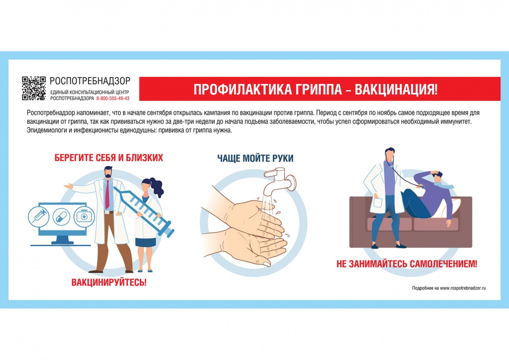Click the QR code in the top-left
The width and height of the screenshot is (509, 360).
click(x=34, y=88)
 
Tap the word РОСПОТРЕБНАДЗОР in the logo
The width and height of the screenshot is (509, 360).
click(x=90, y=80)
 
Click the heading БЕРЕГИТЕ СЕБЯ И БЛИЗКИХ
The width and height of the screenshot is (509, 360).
click(x=109, y=158)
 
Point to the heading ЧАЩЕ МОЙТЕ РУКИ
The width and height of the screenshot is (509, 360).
click(x=255, y=158)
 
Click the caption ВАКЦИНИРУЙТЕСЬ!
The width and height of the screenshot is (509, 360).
click(x=109, y=282)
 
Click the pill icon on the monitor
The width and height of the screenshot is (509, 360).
click(x=60, y=216)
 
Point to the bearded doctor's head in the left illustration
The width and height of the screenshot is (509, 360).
click(x=108, y=173)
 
